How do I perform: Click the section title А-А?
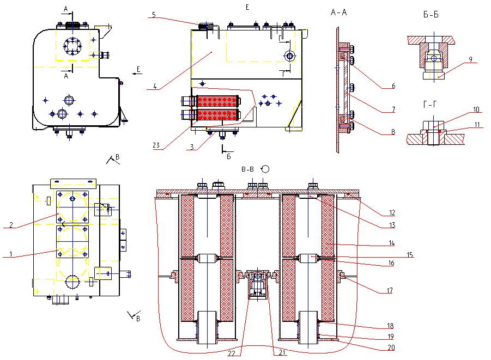click(339, 13)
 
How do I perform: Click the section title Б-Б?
click(431, 14)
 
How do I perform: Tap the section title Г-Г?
click(430, 104)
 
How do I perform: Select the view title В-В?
click(247, 169)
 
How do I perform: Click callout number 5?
click(154, 15)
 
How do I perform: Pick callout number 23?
click(156, 145)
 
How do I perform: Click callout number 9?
click(470, 59)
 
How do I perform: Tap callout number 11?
click(477, 125)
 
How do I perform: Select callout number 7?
click(393, 109)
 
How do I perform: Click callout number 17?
click(390, 290)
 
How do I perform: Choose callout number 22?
click(232, 353)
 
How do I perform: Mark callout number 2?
click(11, 225)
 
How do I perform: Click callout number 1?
click(11, 254)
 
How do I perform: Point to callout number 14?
click(391, 243)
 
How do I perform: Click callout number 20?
click(391, 347)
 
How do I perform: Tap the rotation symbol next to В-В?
click(265, 169)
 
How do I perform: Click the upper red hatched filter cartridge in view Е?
click(217, 101)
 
